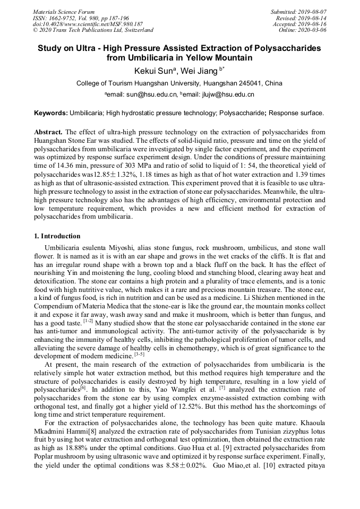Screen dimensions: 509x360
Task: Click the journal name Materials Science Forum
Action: pyautogui.click(x=64, y=12)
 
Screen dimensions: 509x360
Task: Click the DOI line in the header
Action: pyautogui.click(x=88, y=24)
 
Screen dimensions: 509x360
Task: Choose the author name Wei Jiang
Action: pyautogui.click(x=203, y=71)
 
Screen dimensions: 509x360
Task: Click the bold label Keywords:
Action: pyautogui.click(x=51, y=113)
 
